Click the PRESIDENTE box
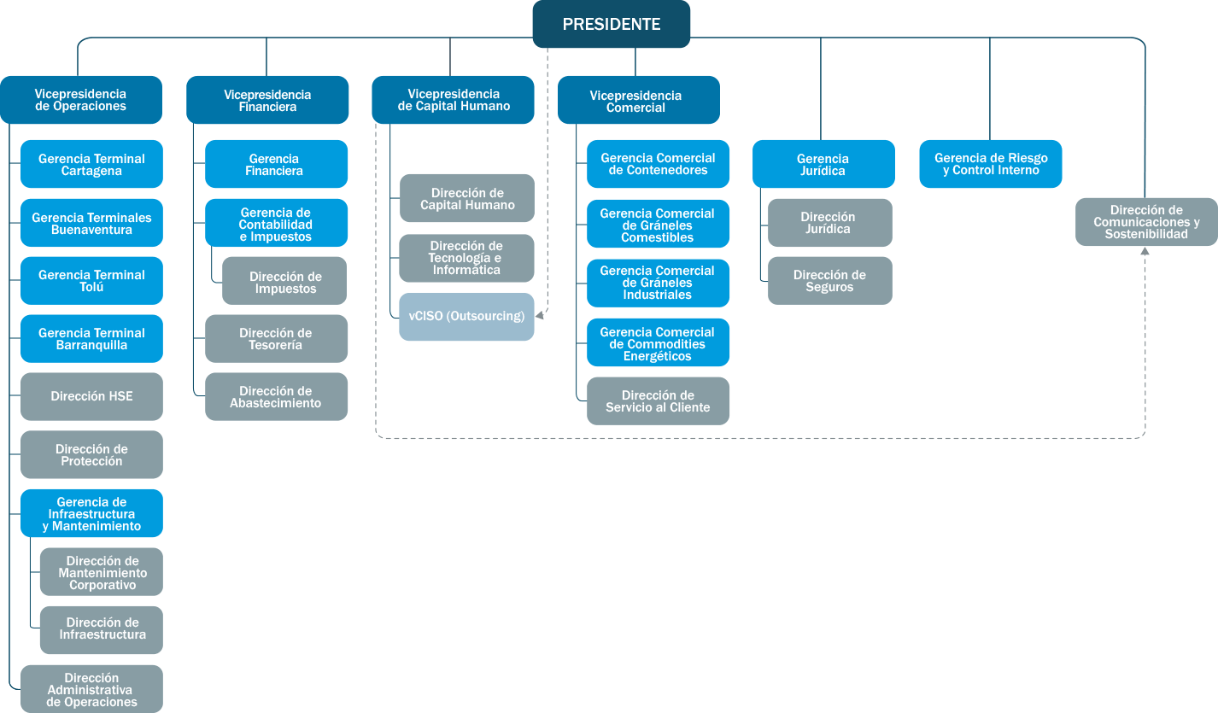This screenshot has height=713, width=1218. [x=611, y=24]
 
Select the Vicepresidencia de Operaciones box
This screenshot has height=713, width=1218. [x=81, y=100]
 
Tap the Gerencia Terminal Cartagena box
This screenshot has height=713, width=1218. [x=91, y=164]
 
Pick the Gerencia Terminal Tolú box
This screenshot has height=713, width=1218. [x=91, y=280]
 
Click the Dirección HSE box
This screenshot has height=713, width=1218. [x=91, y=396]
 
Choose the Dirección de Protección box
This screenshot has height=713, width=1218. [x=91, y=454]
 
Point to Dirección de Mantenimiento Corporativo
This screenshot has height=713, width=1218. [x=102, y=572]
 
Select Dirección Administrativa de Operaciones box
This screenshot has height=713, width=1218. [x=91, y=689]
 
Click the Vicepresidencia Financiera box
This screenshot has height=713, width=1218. [x=267, y=100]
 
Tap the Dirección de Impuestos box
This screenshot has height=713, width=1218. [x=284, y=281]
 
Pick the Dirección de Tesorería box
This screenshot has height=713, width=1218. [x=276, y=338]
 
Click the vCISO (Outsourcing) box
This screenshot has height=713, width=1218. [x=466, y=317]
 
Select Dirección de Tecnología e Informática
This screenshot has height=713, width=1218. [x=466, y=258]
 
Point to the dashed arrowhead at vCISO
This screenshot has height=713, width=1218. [x=540, y=317]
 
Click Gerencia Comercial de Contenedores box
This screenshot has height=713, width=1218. [x=658, y=164]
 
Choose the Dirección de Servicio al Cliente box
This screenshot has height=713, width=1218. [x=658, y=400]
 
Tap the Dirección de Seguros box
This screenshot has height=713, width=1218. [x=829, y=280]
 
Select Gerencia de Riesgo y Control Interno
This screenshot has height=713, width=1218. [x=991, y=164]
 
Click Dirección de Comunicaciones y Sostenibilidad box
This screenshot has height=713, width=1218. [x=1146, y=222]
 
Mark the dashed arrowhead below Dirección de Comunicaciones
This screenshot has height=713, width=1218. [x=1145, y=252]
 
